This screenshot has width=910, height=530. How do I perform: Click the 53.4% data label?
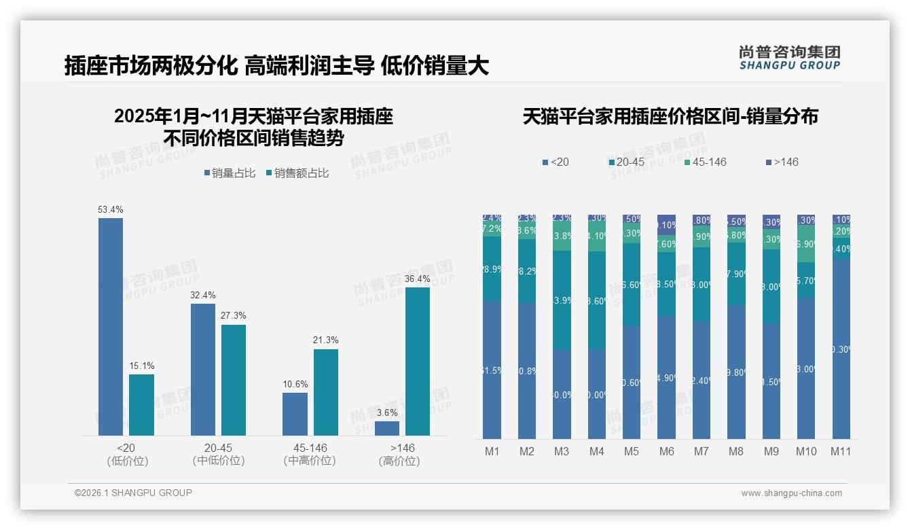(x=111, y=209)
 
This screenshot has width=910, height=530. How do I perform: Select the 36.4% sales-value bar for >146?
(x=418, y=361)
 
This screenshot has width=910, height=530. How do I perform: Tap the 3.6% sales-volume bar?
(x=387, y=428)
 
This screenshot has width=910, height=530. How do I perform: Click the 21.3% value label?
(x=326, y=340)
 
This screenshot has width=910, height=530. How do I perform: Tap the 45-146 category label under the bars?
(x=310, y=448)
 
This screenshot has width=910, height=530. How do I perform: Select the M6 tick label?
(x=666, y=451)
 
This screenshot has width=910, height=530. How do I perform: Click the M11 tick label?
(x=841, y=451)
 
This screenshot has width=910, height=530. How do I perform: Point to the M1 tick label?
(x=492, y=451)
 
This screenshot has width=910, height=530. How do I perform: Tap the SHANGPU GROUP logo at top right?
(x=789, y=58)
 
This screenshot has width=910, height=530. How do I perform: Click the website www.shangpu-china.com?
(x=791, y=493)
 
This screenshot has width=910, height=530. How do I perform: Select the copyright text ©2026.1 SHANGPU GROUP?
(x=133, y=493)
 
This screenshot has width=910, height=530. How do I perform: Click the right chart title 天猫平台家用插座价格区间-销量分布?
(x=670, y=116)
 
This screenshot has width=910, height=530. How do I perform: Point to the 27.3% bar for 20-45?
(x=234, y=380)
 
